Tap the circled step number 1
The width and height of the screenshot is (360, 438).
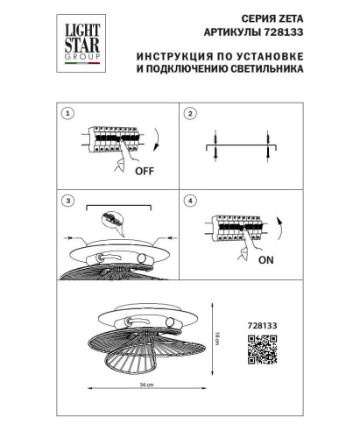coord(68,114)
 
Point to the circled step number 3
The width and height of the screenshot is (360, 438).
coord(68,201)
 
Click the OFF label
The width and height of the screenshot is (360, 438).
coord(145,172)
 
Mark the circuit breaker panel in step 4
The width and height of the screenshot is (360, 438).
coord(232,229)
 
